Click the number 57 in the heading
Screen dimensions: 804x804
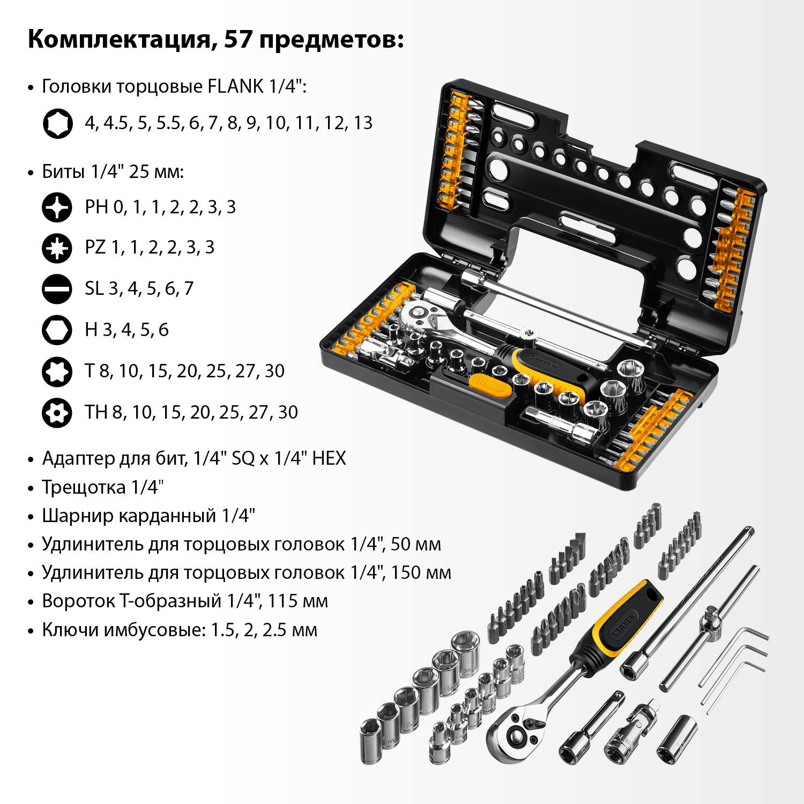238,40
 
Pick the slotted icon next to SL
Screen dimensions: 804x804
57,288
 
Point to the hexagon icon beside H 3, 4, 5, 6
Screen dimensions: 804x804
57,330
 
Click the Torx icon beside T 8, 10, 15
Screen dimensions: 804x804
57,371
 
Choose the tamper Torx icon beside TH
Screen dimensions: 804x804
57,412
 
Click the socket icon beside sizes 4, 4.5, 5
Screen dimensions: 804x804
57,123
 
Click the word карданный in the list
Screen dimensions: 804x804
167,516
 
